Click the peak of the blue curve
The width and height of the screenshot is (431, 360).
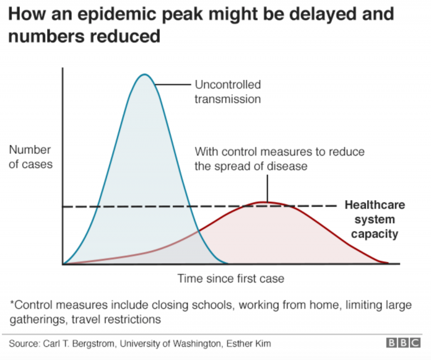click(x=144, y=74)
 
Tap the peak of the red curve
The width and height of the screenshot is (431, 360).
click(x=263, y=203)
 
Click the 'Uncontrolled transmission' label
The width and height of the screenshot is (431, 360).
click(x=228, y=92)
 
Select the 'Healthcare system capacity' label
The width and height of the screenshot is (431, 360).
click(x=375, y=219)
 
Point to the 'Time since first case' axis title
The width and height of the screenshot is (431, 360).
click(x=230, y=278)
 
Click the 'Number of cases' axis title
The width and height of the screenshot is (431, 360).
click(x=30, y=157)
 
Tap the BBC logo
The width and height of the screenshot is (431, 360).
click(x=403, y=343)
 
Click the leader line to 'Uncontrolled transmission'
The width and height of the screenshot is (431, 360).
click(x=173, y=84)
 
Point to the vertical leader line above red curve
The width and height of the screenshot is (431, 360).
click(x=267, y=188)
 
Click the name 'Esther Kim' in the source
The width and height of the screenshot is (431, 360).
click(x=248, y=343)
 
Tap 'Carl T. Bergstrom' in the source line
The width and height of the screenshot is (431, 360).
click(x=79, y=343)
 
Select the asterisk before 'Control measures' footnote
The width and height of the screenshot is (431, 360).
click(x=12, y=302)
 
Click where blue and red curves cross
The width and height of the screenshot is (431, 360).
click(x=198, y=232)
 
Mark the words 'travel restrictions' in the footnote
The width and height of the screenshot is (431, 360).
click(x=116, y=320)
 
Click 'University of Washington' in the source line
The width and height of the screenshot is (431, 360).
click(x=170, y=343)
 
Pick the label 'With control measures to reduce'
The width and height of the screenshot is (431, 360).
click(x=279, y=152)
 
